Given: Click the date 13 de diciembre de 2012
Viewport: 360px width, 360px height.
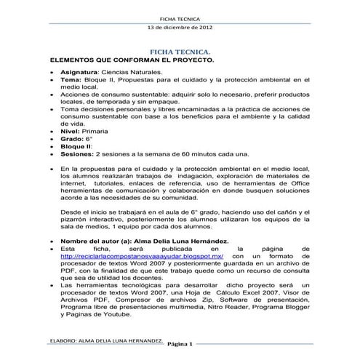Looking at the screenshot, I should [180, 27].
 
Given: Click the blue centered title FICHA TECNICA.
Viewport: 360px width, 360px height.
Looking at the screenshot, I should [180, 54].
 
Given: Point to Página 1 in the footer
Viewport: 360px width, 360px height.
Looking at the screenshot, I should [178, 344].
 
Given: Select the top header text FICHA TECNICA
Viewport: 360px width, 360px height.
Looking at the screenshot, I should [180, 17].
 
